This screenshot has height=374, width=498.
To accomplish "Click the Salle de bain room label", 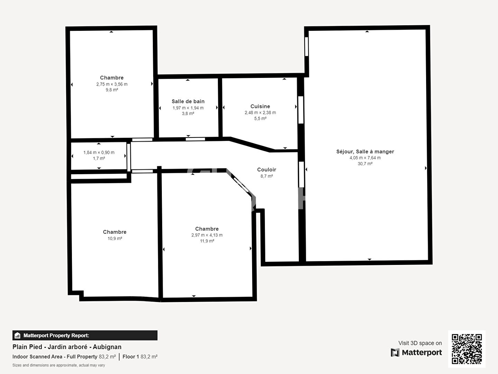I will [188, 101].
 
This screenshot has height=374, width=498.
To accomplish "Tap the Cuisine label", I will [260, 106].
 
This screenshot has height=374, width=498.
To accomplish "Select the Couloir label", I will [267, 170].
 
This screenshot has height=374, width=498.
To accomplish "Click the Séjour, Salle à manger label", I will [365, 152].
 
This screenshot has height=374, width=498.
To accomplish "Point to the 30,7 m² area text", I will [365, 164].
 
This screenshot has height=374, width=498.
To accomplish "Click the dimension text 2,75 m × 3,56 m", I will [112, 84].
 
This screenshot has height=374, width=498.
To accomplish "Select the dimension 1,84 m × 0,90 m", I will [99, 152].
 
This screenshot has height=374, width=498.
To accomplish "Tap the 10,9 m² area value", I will [115, 239].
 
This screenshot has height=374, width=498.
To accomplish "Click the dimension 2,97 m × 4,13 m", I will [207, 235].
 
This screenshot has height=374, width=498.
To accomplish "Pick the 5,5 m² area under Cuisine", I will [260, 118].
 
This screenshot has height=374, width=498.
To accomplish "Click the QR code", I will [467, 349].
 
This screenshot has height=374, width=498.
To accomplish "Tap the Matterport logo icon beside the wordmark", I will [395, 353].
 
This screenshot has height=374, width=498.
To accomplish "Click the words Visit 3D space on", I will [420, 343].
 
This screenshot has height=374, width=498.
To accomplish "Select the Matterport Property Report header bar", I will [85, 335].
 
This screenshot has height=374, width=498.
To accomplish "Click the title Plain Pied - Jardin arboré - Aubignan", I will [67, 347].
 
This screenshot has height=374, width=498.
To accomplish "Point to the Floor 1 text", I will [131, 357].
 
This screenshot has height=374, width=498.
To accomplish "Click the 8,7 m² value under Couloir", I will [267, 176].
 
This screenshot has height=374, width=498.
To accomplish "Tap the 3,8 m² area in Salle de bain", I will [188, 114].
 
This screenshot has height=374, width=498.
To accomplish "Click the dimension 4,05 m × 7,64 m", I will [365, 158].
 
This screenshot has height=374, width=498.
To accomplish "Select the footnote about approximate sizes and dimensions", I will [59, 365].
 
